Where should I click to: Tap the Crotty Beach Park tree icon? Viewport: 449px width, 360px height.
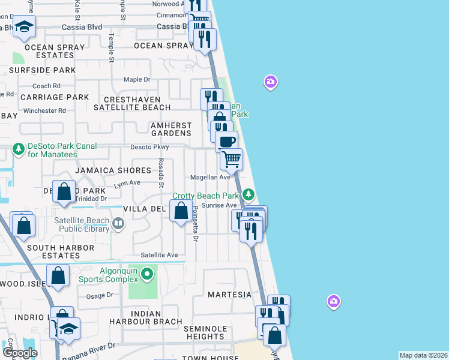point(249,195)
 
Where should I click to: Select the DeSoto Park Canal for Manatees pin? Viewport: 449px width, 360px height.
point(19,148)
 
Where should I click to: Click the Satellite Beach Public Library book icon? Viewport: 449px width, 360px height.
point(118,224)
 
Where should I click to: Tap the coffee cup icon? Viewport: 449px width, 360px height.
point(226,142)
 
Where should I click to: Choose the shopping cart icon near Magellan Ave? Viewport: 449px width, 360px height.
point(231,159)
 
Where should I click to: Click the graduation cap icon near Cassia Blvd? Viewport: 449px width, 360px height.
point(25,26)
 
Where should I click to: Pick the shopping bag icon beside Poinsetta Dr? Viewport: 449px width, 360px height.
point(181,211)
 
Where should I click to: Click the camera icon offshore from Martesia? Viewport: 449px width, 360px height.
point(334,301)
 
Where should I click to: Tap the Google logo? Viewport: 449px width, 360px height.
point(20,352)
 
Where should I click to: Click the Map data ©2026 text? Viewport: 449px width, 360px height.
point(423,355)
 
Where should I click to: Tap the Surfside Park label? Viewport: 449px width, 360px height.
point(42,70)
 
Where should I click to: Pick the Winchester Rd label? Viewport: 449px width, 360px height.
point(45,110)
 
